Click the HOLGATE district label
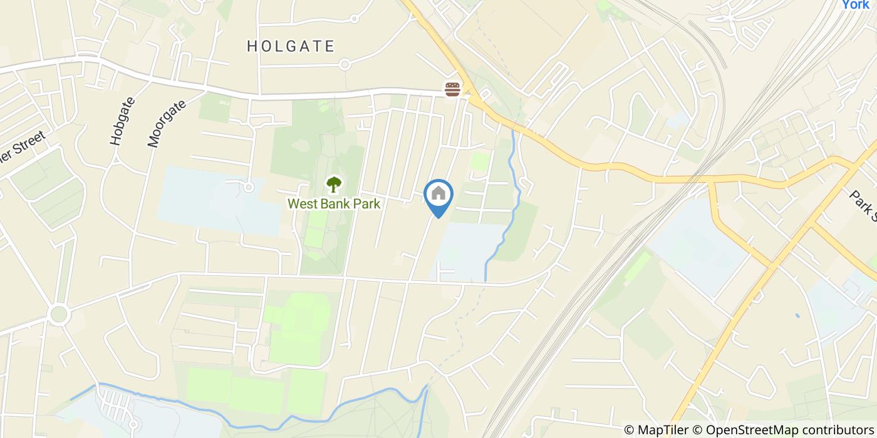291,46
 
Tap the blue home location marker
438,195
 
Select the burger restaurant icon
452,89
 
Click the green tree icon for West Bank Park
334,185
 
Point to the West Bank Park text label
334,204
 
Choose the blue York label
855,5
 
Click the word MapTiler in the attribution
663,430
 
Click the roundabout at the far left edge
59,313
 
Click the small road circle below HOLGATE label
344,64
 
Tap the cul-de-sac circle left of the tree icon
249,187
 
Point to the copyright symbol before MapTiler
630,430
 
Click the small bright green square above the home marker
479,161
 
